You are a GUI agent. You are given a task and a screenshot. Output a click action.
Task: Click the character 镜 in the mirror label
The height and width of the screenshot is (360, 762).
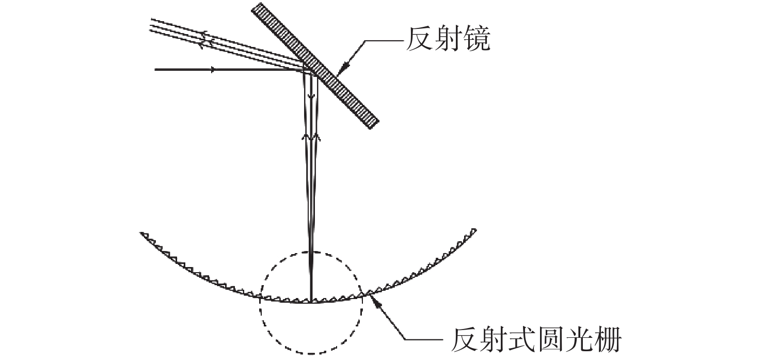[475, 40]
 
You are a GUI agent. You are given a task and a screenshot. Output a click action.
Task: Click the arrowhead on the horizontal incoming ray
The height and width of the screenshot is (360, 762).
[212, 69]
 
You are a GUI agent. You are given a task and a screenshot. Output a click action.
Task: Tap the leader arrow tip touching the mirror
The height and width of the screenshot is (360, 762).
[339, 73]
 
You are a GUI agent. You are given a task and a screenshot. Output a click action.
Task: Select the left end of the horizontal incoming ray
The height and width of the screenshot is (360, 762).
[155, 69]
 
